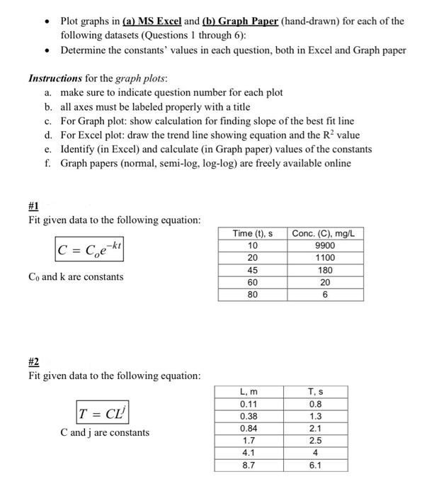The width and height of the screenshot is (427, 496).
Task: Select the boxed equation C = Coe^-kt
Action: [x=89, y=249]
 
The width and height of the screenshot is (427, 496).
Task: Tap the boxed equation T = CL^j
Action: [x=103, y=411]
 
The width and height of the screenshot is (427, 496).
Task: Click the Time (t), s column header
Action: [x=253, y=233]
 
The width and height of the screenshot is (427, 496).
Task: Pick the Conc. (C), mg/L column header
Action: [x=326, y=233]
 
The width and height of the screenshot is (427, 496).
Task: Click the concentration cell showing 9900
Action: [x=326, y=245]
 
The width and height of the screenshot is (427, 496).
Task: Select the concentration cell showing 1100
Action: [x=326, y=258]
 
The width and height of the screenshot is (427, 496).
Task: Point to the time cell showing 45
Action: [x=253, y=270]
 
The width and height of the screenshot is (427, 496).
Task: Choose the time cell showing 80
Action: [x=253, y=294]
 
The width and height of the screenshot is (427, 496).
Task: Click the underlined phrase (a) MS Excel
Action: [x=149, y=21]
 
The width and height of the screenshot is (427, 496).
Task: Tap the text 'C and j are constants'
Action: [x=105, y=432]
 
